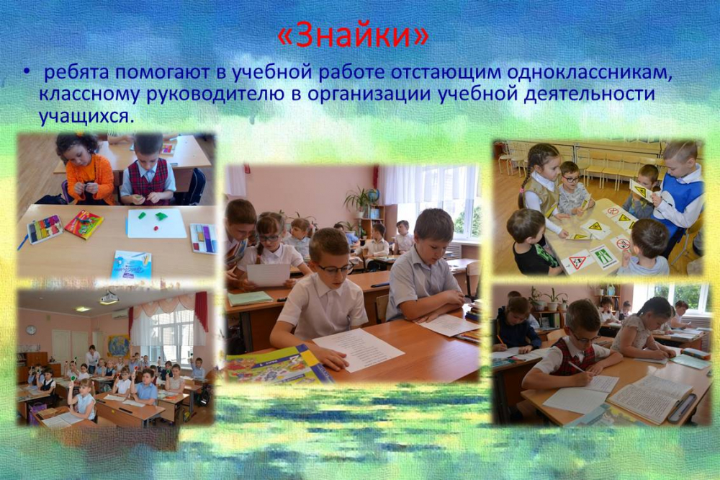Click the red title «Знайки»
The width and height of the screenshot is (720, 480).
[354, 37]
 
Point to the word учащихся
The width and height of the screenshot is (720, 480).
[87, 116]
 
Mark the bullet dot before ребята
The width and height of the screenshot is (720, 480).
[27, 73]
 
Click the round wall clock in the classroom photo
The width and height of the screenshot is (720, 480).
[31, 329]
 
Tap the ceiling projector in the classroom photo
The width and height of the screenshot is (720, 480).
[109, 298]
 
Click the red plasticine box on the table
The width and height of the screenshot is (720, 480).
[84, 224]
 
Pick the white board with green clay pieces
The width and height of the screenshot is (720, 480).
[156, 223]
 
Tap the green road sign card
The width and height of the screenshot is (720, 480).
[602, 257]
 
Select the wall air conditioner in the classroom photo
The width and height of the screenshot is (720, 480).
[120, 314]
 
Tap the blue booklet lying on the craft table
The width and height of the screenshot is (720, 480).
[131, 265]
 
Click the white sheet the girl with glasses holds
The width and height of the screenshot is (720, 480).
[269, 275]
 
